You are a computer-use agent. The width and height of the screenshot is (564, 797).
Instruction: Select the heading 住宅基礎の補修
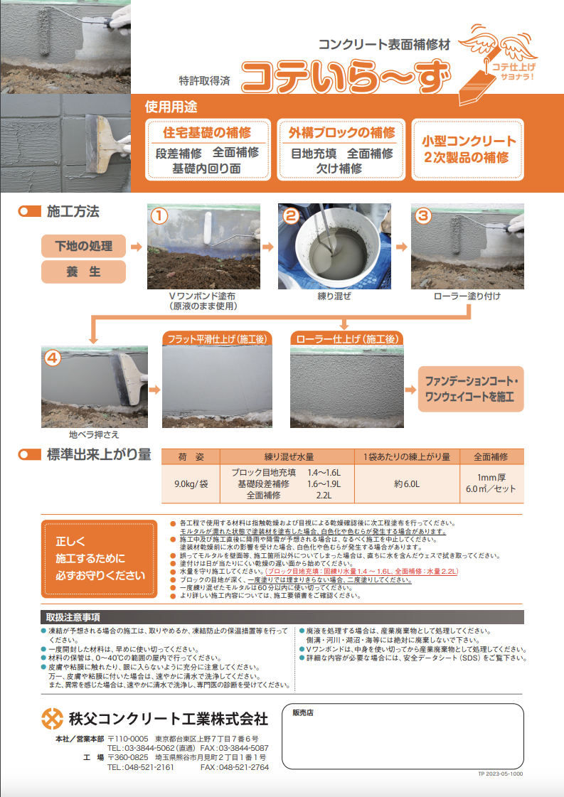coord(207,133)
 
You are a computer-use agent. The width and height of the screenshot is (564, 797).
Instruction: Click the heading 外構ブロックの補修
coord(341,133)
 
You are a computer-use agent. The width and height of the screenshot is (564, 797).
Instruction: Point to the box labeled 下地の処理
coord(84,246)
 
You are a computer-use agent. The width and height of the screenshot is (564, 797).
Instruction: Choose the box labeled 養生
coord(84,272)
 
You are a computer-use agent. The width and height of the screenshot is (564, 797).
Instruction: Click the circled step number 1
coord(160,215)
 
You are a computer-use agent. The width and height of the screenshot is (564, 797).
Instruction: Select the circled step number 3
coord(422,215)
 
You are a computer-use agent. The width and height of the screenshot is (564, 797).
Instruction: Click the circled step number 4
coord(53,358)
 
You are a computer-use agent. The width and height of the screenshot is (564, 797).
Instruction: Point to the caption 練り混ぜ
coord(334,295)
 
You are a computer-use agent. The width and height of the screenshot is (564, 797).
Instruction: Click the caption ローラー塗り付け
coord(467,295)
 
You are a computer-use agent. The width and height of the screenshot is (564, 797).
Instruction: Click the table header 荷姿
coord(191,456)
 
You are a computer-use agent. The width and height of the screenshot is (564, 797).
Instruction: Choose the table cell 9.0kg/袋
coord(191,483)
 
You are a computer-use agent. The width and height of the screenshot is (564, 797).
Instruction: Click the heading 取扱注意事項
coord(73,616)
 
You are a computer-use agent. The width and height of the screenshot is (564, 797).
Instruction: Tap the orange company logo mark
coord(52,719)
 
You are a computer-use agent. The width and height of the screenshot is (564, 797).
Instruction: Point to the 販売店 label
coord(303,712)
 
